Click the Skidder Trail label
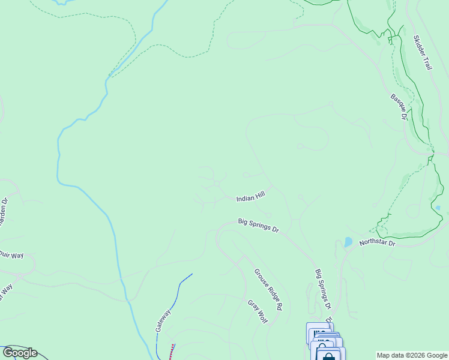tap(423, 53)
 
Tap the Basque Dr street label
tap(399, 107)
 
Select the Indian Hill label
tap(250, 198)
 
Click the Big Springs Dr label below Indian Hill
tap(259, 226)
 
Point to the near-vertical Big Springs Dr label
tap(323, 289)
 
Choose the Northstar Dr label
tap(378, 243)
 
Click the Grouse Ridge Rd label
tap(268, 289)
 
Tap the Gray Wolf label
tap(257, 310)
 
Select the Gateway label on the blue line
tap(163, 321)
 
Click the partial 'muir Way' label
tap(11, 256)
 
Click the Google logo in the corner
tap(20, 353)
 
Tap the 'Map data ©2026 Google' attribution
tap(412, 355)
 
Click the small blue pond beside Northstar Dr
tap(348, 242)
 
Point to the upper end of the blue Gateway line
tap(191, 274)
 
